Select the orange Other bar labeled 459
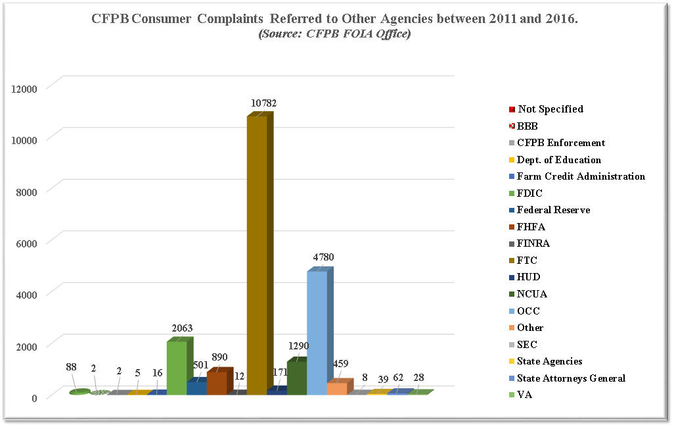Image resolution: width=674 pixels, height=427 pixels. tap(336, 388)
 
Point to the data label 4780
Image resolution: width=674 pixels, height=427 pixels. tap(323, 257)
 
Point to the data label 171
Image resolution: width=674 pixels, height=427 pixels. tap(281, 372)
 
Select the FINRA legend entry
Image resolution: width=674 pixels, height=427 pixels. tap(533, 243)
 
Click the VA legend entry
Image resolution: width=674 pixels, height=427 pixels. tap(524, 395)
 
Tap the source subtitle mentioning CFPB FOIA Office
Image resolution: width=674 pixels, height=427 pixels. tap(334, 34)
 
